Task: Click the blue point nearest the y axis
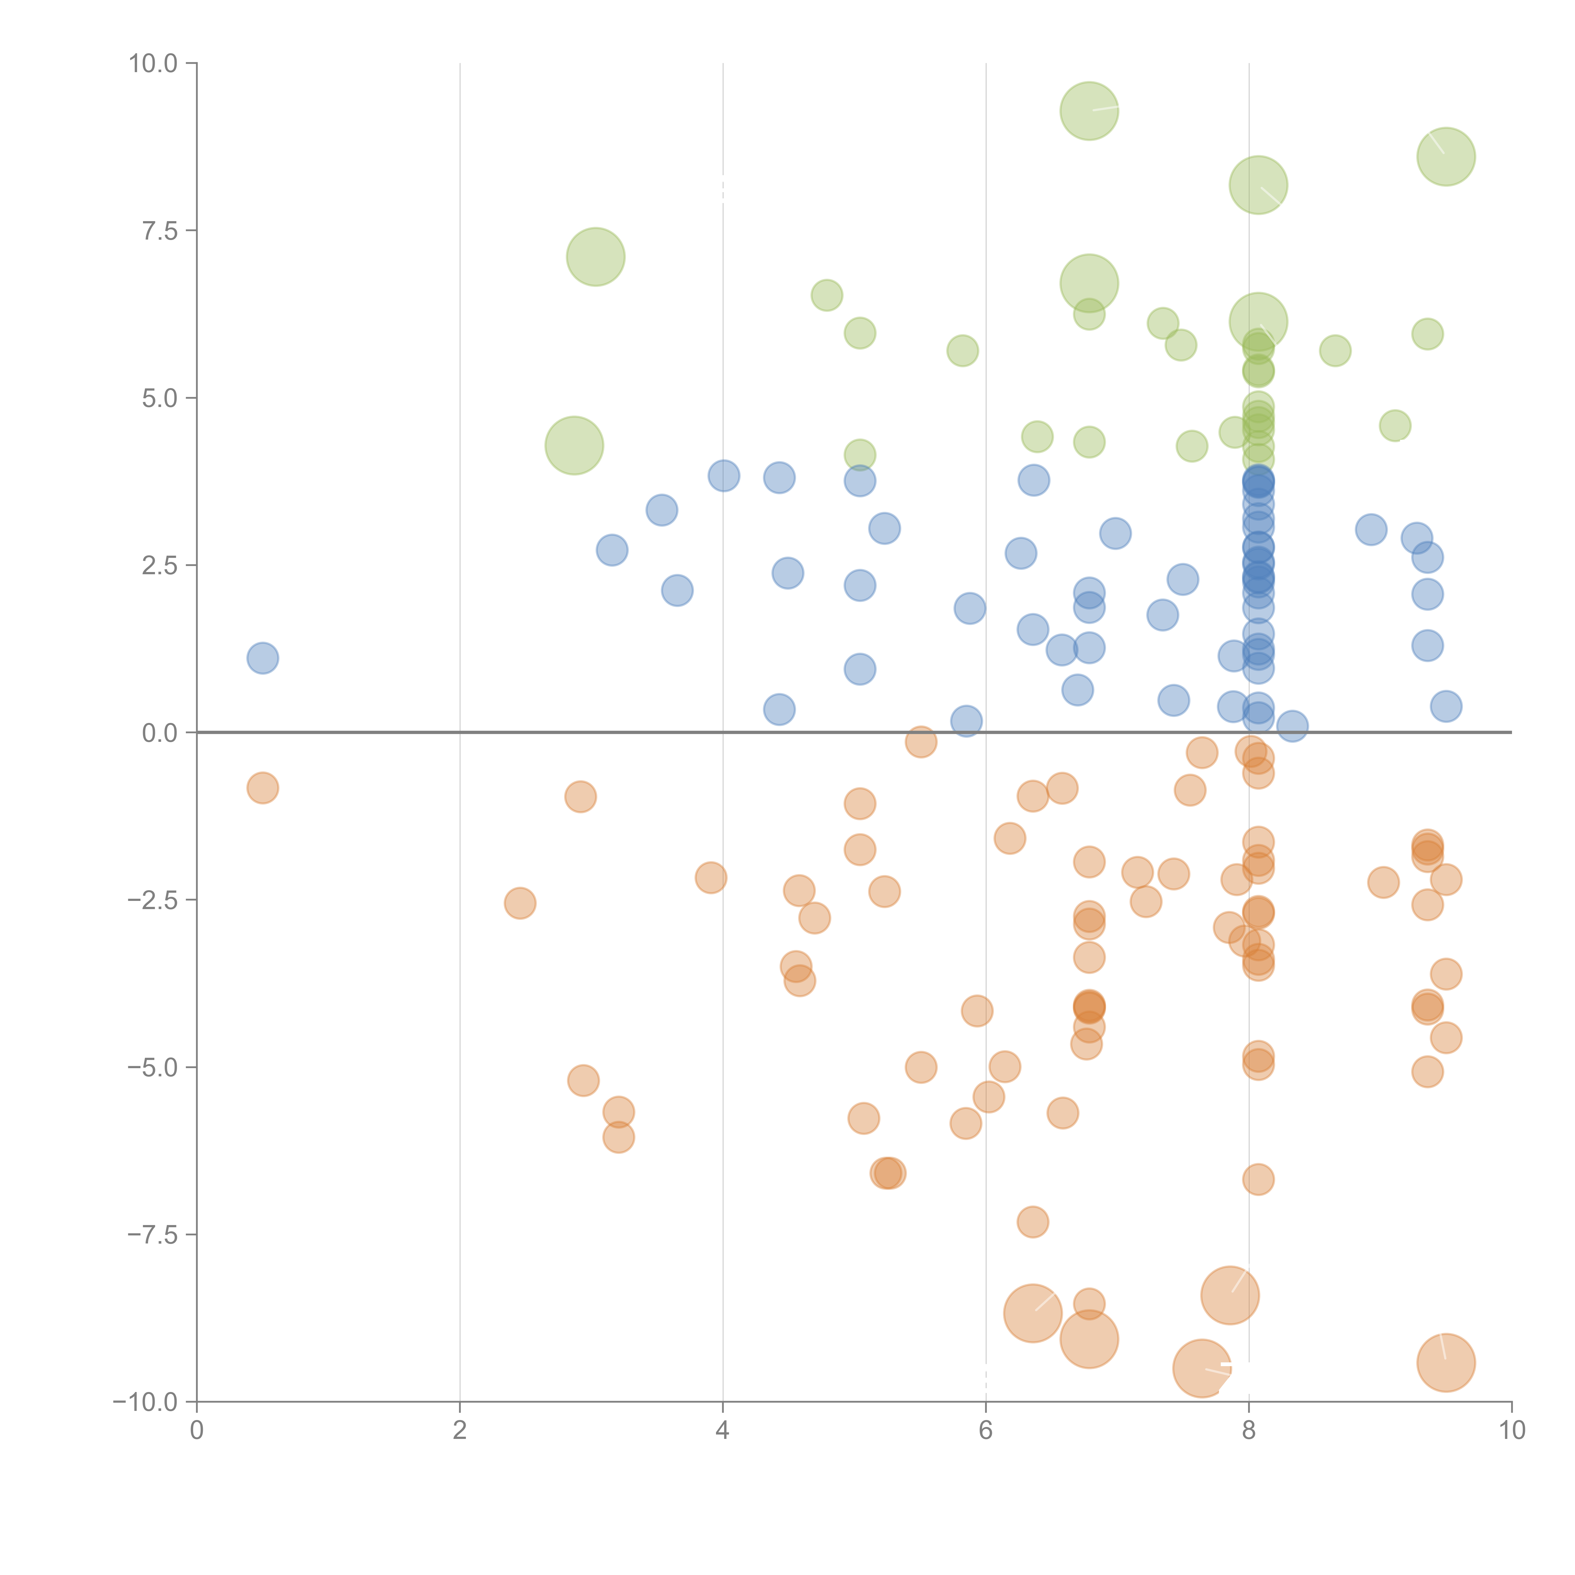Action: [262, 658]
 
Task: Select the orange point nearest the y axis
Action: [262, 788]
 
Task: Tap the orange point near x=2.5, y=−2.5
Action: [520, 903]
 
